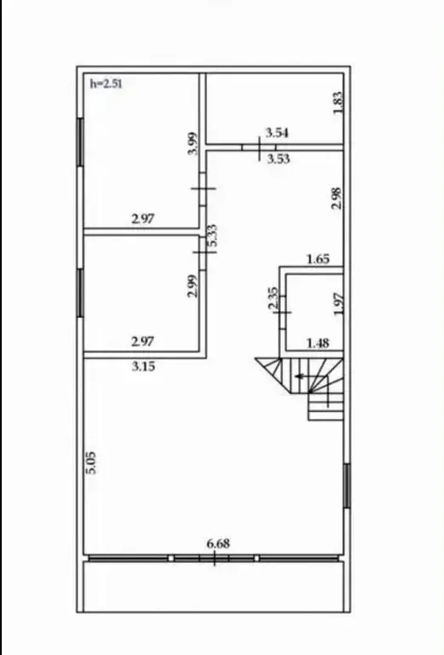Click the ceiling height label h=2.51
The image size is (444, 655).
[106, 84]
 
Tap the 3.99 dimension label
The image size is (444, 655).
[193, 143]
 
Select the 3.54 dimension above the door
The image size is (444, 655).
[277, 133]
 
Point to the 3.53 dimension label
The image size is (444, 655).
[279, 159]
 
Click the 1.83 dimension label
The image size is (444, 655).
[338, 102]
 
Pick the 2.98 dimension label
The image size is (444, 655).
[337, 198]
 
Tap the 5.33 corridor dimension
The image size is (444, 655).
[212, 236]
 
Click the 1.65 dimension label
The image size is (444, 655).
[318, 259]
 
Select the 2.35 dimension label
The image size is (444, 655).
[273, 298]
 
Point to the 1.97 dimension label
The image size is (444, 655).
[339, 304]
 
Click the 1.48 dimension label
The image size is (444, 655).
[318, 344]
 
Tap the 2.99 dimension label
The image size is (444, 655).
[193, 286]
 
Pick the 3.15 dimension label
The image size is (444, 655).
[143, 367]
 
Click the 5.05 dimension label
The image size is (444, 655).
[91, 463]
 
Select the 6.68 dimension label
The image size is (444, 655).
[218, 543]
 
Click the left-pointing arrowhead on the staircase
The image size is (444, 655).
[298, 376]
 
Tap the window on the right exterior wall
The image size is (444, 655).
[346, 485]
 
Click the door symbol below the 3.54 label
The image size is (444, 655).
[259, 148]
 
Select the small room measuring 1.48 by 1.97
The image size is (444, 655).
[314, 312]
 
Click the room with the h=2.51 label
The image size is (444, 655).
[141, 151]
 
